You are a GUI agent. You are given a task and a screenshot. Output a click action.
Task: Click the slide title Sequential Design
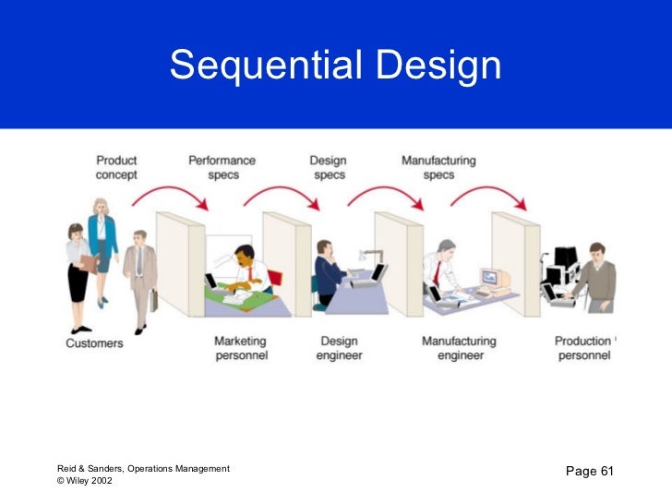[335, 66]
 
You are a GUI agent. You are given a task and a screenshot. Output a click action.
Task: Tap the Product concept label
[116, 167]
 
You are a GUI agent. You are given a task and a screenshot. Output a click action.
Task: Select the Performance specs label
[222, 167]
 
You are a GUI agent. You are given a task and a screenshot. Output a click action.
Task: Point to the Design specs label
[328, 167]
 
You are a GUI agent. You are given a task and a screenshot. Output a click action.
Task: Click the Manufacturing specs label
[438, 167]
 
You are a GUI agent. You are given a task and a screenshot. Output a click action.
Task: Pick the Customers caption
[94, 343]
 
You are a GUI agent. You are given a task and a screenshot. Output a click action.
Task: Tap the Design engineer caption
[339, 348]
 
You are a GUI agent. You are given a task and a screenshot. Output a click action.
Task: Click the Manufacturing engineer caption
[459, 348]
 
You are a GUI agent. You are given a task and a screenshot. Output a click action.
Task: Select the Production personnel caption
[583, 348]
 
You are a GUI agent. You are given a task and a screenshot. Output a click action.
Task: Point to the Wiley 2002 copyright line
[84, 481]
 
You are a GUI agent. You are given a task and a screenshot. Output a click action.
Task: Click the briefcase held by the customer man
[154, 300]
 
